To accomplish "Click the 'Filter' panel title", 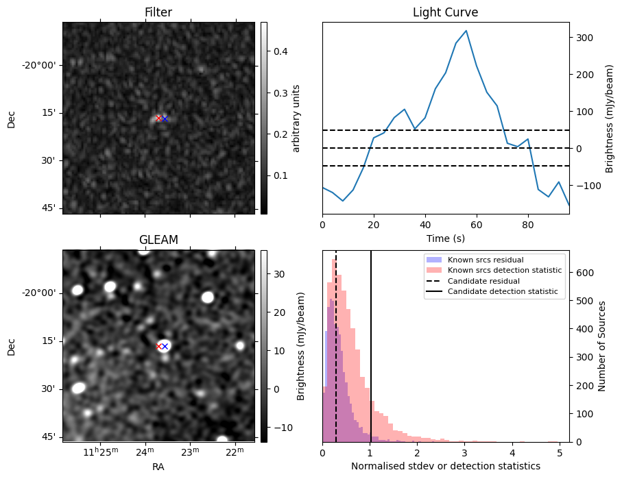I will tap(158, 12).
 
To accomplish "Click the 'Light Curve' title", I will tap(445, 12).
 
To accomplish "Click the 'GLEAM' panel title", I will tap(158, 240).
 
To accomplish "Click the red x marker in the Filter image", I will tap(159, 118).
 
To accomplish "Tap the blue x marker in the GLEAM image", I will tap(165, 346).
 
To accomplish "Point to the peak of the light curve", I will tap(466, 31).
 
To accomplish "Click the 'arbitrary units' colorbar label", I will tap(296, 118).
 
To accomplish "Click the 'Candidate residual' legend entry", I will tap(483, 282).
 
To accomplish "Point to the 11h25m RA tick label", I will tap(101, 451).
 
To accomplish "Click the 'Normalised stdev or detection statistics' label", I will tap(445, 466).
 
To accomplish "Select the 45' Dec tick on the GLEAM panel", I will tap(48, 437).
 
